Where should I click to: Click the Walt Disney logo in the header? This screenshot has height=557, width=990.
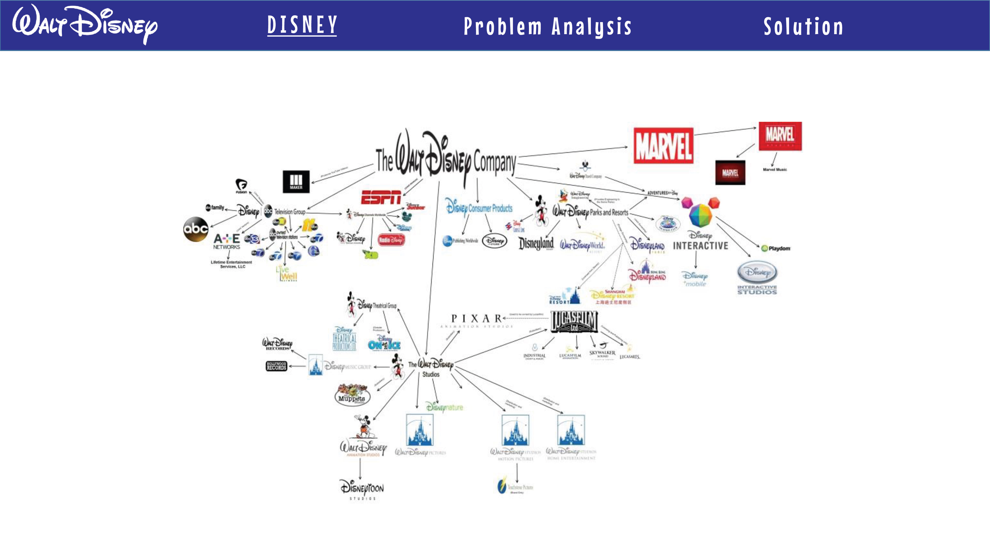click(85, 24)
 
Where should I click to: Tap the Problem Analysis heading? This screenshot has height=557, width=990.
click(547, 26)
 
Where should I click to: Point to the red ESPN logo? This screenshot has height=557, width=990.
click(381, 197)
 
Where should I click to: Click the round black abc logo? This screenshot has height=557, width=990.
click(196, 229)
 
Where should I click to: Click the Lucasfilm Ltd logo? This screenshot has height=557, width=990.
click(574, 321)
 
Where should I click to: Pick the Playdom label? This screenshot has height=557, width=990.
click(776, 248)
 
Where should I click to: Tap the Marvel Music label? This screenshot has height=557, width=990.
click(774, 169)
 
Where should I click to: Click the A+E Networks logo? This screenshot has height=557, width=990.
click(227, 241)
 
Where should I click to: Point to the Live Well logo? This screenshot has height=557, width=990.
click(287, 273)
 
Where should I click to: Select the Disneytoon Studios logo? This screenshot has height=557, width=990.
click(362, 489)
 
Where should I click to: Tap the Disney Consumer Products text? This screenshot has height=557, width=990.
click(479, 208)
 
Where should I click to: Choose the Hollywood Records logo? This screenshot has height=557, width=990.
click(276, 366)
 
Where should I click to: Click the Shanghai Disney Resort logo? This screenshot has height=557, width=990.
click(612, 296)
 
